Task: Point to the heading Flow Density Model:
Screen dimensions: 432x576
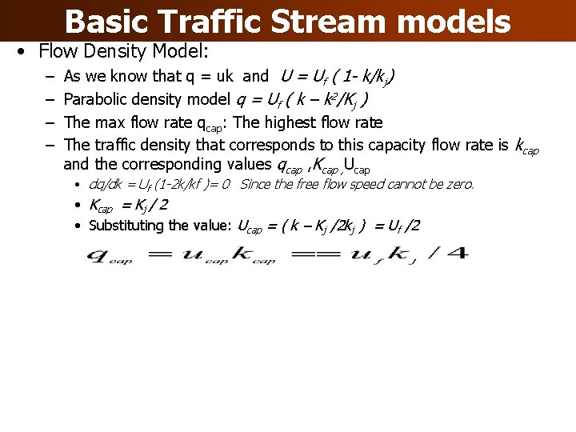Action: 123,52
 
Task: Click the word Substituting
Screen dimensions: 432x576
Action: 128,226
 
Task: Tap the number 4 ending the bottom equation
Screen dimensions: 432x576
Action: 461,255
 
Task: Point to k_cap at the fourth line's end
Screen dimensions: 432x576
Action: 526,146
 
